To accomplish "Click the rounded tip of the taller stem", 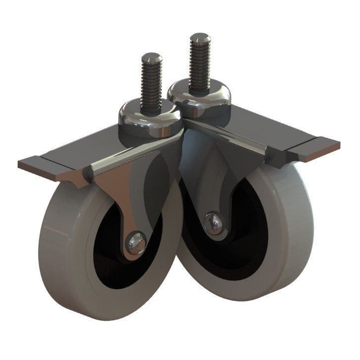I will (200, 37).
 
